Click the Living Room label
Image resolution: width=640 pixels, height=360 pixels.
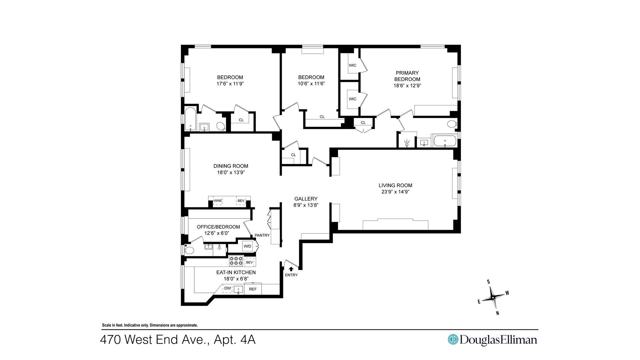pyautogui.click(x=395, y=185)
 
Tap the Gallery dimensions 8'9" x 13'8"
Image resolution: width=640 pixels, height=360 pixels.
pyautogui.click(x=306, y=205)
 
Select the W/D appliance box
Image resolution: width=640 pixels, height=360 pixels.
pyautogui.click(x=247, y=246)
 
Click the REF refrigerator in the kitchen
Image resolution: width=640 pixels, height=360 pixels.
pyautogui.click(x=253, y=289)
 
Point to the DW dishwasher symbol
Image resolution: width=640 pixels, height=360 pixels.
pyautogui.click(x=228, y=288)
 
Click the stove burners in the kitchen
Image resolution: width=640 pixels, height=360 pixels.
pyautogui.click(x=236, y=261)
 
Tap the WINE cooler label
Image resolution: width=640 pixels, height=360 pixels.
pyautogui.click(x=218, y=201)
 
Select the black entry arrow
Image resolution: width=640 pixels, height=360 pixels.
pyautogui.click(x=291, y=269)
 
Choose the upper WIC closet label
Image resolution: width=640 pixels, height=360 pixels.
pyautogui.click(x=353, y=65)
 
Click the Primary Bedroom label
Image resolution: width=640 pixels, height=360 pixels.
pyautogui.click(x=407, y=76)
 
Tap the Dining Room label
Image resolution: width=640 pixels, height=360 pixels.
pyautogui.click(x=231, y=166)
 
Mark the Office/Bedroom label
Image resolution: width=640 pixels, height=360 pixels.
pyautogui.click(x=218, y=227)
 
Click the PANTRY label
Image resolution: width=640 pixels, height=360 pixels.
pyautogui.click(x=262, y=235)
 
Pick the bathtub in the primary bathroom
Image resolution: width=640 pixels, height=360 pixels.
pyautogui.click(x=445, y=141)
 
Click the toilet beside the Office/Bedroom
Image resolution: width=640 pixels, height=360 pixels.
pyautogui.click(x=189, y=250)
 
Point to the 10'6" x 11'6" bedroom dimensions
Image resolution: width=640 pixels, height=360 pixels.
pyautogui.click(x=311, y=84)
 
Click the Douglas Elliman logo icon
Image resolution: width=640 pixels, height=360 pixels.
pyautogui.click(x=453, y=339)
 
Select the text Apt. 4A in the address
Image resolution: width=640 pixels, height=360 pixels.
pyautogui.click(x=235, y=340)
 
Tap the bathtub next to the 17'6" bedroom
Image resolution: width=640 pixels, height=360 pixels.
pyautogui.click(x=190, y=119)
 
